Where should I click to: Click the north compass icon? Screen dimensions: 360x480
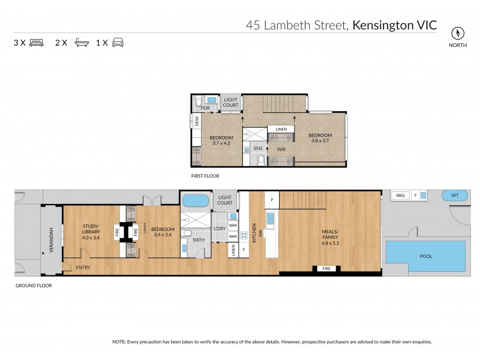[x=459, y=32]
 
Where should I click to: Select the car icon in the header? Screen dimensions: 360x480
[x=118, y=43]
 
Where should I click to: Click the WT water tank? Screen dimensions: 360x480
[x=454, y=195]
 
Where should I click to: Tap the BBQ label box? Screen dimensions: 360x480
[x=400, y=195]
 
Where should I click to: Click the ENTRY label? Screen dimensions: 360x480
[x=83, y=267]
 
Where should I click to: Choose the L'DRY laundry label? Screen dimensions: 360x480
[x=219, y=229]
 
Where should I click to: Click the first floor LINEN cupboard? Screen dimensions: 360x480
[x=281, y=130]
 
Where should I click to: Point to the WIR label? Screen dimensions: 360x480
[x=280, y=149]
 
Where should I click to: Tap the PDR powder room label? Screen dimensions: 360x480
[x=205, y=108]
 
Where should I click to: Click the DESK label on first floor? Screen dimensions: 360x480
[x=197, y=121]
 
